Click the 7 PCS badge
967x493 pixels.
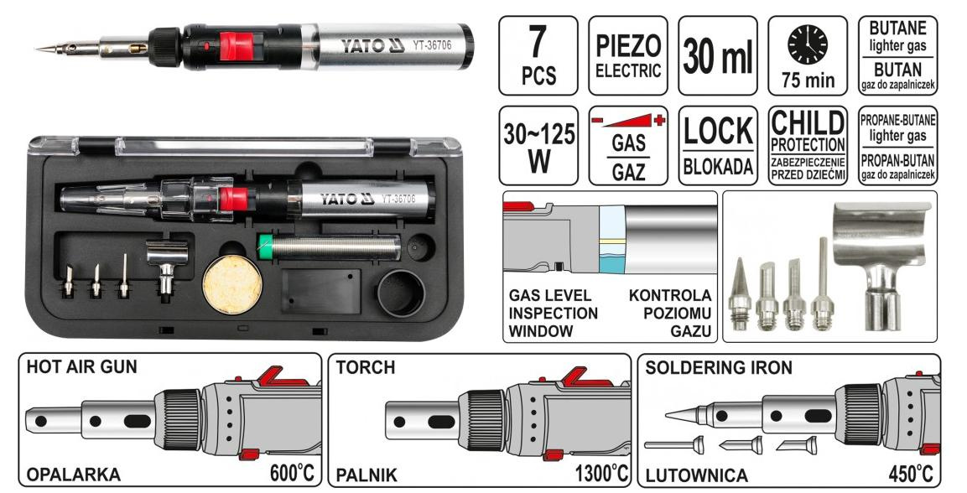tap(538, 55)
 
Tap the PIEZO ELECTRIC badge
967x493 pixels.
tap(628, 55)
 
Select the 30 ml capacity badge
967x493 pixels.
tap(718, 55)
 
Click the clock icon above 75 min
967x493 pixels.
tap(808, 46)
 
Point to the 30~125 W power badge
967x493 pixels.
tap(538, 146)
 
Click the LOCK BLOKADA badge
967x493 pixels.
tap(718, 146)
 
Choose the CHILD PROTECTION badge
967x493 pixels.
tap(808, 146)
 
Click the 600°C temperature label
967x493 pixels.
tap(293, 473)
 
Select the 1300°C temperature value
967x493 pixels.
tap(601, 473)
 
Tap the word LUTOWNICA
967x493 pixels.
tap(696, 475)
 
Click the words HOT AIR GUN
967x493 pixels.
tap(81, 367)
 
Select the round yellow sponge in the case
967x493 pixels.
tap(232, 284)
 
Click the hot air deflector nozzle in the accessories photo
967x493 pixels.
tap(881, 259)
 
